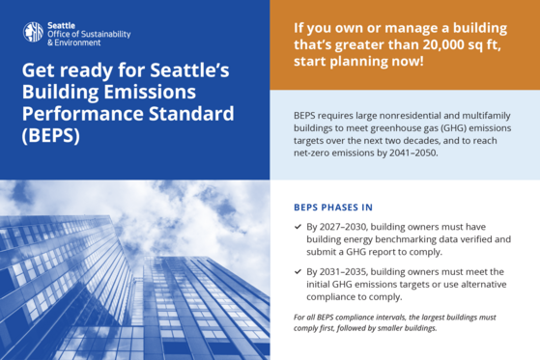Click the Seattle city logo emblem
33,32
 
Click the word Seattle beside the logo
63,24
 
